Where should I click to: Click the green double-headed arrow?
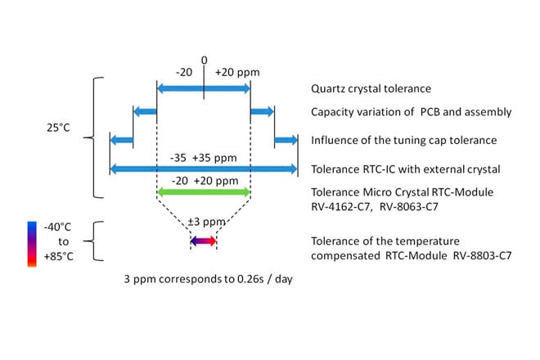pyautogui.click(x=204, y=191)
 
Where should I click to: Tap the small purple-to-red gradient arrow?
pyautogui.click(x=204, y=241)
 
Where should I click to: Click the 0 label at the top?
pyautogui.click(x=205, y=60)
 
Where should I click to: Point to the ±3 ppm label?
pyautogui.click(x=204, y=223)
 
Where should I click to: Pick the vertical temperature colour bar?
pyautogui.click(x=31, y=243)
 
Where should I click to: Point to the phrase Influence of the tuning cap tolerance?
pyautogui.click(x=403, y=140)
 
